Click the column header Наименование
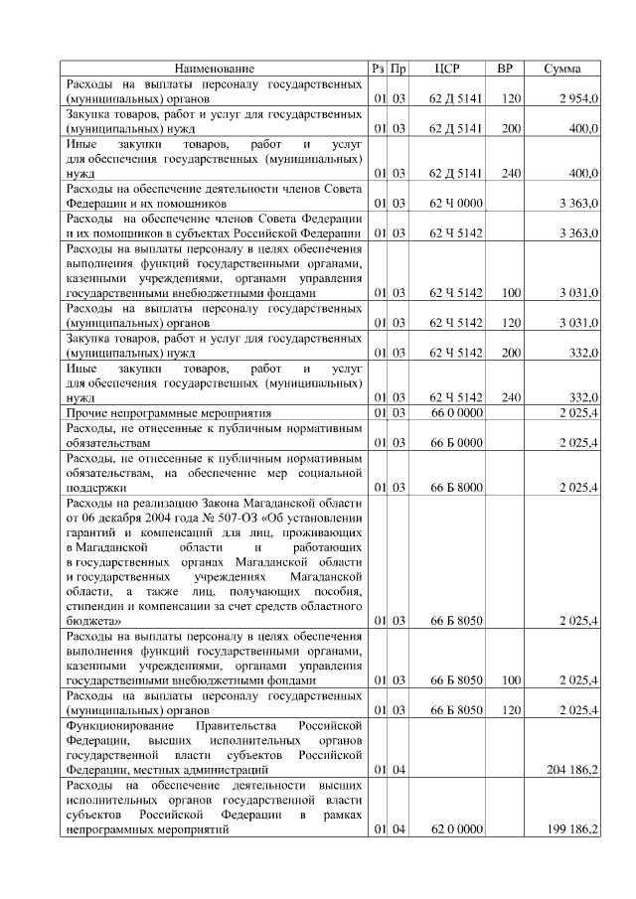click(x=215, y=69)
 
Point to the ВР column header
click(x=505, y=69)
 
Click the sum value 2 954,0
click(x=577, y=100)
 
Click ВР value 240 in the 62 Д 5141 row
click(x=511, y=174)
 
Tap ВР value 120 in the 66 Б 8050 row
click(x=511, y=710)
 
